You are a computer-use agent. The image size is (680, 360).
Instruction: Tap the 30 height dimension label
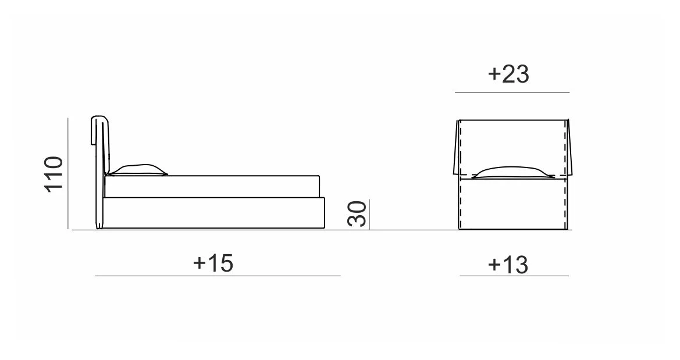[x=357, y=214]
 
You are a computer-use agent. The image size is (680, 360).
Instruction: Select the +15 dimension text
[x=213, y=263]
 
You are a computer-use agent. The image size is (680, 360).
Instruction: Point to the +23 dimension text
[x=508, y=74]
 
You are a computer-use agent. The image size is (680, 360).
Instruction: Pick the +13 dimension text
[x=508, y=265]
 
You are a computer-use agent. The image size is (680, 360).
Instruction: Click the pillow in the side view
[x=137, y=170]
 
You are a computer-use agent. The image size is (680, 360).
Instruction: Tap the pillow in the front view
[x=512, y=172]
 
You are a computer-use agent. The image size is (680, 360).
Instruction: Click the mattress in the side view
[x=212, y=187]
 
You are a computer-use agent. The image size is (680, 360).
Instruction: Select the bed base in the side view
[x=214, y=213]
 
